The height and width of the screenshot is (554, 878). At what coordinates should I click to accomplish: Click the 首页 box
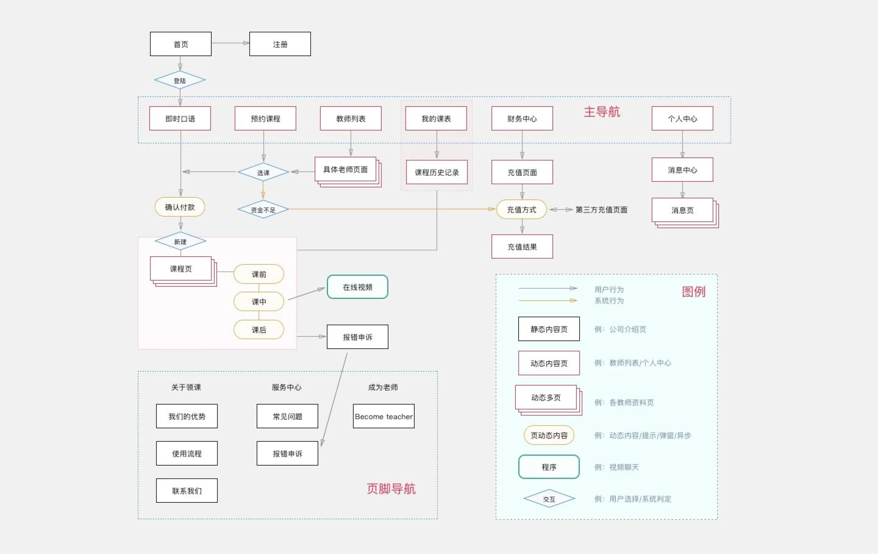[180, 44]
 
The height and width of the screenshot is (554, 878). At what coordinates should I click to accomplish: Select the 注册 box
[280, 44]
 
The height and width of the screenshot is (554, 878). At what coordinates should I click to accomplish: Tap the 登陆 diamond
[180, 80]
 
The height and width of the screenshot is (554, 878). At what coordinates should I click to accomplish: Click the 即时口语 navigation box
[180, 118]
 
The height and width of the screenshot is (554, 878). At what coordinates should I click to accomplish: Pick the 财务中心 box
[522, 118]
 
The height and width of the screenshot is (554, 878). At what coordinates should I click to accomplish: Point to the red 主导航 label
[602, 112]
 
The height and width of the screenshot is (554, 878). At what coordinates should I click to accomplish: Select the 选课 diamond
[263, 172]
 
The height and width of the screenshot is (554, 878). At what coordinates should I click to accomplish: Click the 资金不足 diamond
[263, 209]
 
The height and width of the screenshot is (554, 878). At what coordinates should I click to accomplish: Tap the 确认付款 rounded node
[180, 207]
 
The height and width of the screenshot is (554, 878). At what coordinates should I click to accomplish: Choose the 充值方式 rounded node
[522, 209]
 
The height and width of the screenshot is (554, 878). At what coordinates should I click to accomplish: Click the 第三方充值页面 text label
[601, 209]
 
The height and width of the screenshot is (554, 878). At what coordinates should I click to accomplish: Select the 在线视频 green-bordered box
[357, 287]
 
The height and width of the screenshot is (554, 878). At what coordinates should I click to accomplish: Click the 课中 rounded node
[259, 301]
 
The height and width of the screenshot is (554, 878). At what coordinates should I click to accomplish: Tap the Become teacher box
[383, 416]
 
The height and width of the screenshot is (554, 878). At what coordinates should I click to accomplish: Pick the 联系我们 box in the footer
[187, 491]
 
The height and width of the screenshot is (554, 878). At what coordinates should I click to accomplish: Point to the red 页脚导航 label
[391, 489]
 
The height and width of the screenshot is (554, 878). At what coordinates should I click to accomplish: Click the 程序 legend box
[549, 467]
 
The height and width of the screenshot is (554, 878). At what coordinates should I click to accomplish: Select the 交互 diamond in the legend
[549, 499]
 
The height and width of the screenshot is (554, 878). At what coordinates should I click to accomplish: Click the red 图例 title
[693, 291]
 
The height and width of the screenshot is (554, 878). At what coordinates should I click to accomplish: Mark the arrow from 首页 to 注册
[230, 43]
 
